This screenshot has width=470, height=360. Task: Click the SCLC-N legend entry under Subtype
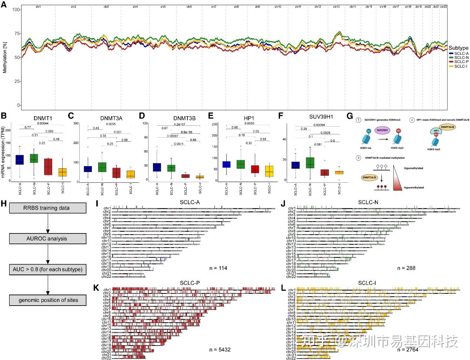pos(461,58)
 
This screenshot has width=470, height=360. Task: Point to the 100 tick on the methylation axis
pos(16,9)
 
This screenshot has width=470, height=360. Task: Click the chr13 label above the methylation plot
pos(336,7)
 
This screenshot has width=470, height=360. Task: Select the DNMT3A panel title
pos(111,118)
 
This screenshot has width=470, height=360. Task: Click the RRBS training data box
pos(48,208)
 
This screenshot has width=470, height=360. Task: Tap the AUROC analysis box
pos(48,239)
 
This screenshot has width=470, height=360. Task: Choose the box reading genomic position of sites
pos(48,300)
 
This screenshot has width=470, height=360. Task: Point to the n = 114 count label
pos(218,268)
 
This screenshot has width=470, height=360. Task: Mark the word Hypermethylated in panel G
pos(414,188)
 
